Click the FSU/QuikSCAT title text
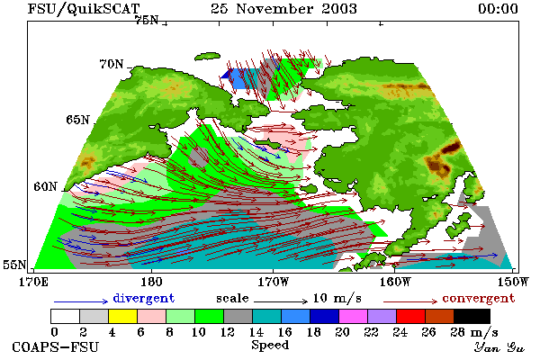point(84,9)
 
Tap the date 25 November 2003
point(283,9)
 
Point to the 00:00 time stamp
point(498,9)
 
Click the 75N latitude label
point(147,21)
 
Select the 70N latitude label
point(112,64)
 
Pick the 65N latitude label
point(77,120)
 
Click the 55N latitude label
point(14,265)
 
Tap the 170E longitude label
point(34,282)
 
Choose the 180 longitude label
point(151,282)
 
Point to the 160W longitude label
point(395,282)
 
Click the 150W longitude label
point(513,282)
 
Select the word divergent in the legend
point(144,298)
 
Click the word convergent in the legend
point(479,298)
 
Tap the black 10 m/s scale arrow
point(281,301)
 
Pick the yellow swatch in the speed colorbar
point(122,316)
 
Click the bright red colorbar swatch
point(411,316)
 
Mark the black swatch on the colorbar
point(472,316)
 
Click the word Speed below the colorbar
point(270,346)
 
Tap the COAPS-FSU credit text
point(56,346)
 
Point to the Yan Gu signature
point(499,347)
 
